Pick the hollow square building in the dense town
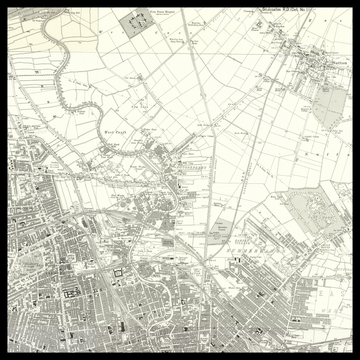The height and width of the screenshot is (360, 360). point(117,274)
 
